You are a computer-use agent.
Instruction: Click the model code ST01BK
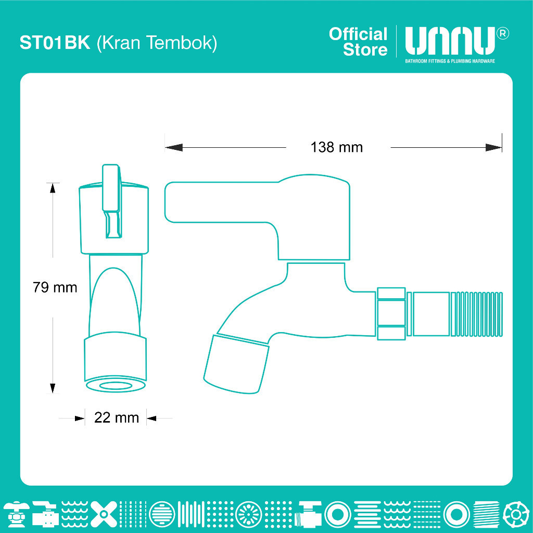pos(55,43)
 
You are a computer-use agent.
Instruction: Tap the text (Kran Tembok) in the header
pos(157,43)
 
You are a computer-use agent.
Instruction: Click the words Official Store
pos(358,42)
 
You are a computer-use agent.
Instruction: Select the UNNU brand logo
pos(450,41)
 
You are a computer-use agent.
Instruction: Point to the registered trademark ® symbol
pos(503,34)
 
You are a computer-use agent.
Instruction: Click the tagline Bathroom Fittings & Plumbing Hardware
pos(450,61)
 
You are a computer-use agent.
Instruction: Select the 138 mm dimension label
pos(337,147)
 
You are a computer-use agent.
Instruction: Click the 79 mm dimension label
pos(55,287)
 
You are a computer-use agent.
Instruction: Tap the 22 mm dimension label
pos(117,418)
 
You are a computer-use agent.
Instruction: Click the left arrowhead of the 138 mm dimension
pos(174,147)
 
